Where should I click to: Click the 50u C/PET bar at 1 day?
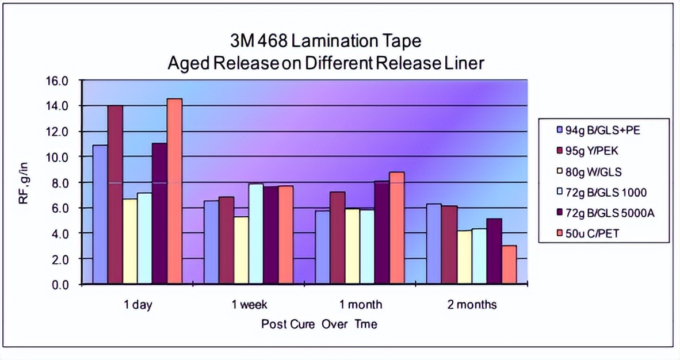(174, 191)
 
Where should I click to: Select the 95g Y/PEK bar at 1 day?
(115, 194)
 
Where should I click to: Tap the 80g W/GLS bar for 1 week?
(241, 250)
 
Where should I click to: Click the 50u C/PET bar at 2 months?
(509, 265)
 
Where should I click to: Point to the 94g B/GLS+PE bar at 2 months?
(434, 244)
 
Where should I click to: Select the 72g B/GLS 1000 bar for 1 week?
(256, 233)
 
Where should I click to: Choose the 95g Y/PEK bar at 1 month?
(337, 238)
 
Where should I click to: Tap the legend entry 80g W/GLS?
(596, 171)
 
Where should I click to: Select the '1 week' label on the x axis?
(250, 304)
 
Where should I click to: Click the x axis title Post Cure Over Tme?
(319, 324)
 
